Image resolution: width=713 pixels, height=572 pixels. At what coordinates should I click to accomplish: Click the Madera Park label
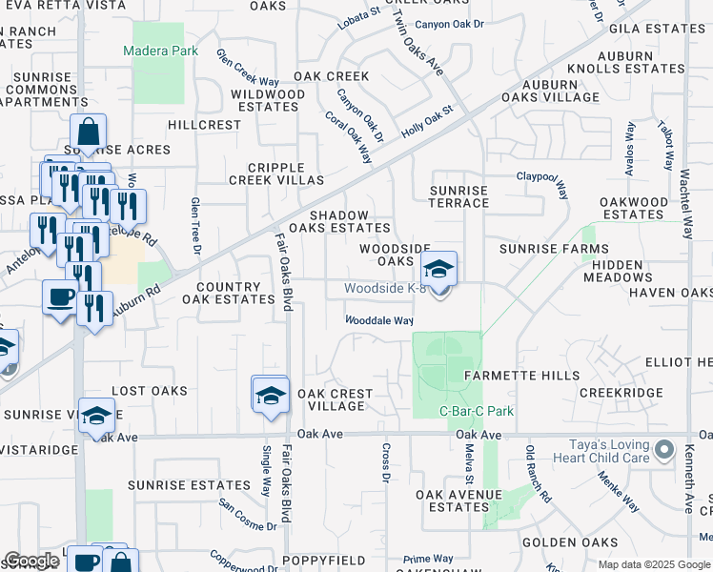point(160,51)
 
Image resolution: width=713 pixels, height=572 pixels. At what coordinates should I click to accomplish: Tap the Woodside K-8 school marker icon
point(438,268)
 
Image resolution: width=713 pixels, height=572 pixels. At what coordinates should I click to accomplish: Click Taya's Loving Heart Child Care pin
point(664,448)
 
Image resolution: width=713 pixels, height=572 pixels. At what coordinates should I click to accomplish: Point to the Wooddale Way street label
point(378,321)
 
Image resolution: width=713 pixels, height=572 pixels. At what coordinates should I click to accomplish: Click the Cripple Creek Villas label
point(276,174)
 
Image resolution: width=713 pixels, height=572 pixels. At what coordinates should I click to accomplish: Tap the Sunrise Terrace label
point(458,197)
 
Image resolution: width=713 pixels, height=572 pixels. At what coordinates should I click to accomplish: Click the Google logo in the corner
point(31,561)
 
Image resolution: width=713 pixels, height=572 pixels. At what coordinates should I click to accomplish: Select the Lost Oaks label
point(142,391)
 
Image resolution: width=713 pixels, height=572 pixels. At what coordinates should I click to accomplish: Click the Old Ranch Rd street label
point(539,475)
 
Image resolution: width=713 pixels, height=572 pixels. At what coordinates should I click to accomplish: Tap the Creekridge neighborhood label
point(621,393)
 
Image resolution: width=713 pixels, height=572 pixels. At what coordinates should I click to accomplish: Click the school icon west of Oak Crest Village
point(271,395)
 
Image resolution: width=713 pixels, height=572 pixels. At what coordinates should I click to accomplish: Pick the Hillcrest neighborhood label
point(205,125)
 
